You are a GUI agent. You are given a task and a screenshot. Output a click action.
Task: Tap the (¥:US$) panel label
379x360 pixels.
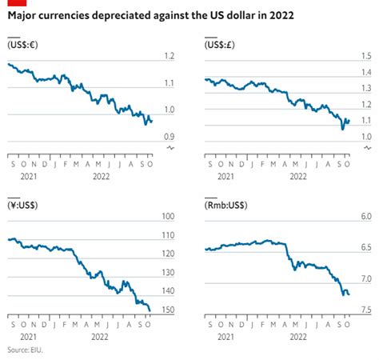(x=24, y=205)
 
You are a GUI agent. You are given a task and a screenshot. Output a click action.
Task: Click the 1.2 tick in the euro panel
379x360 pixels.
(x=169, y=55)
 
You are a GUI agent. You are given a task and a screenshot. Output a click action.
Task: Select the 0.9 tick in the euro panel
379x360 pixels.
(x=169, y=138)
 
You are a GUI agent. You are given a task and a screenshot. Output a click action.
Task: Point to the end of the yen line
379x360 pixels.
(x=150, y=310)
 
